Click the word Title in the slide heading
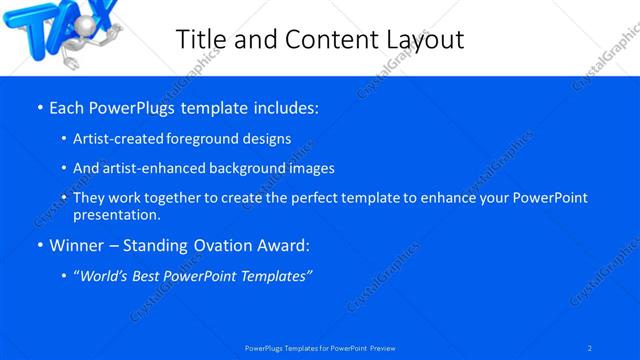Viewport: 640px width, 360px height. pyautogui.click(x=203, y=39)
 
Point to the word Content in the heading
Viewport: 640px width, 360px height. pyautogui.click(x=329, y=39)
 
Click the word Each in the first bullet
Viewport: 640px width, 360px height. pyautogui.click(x=68, y=105)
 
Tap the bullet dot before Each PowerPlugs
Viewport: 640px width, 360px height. pyautogui.click(x=39, y=106)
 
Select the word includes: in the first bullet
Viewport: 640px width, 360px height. pyautogui.click(x=286, y=105)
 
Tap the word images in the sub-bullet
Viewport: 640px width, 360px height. pyautogui.click(x=310, y=169)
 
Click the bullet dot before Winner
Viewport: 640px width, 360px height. pyautogui.click(x=39, y=245)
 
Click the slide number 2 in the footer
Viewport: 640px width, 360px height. pyautogui.click(x=589, y=348)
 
